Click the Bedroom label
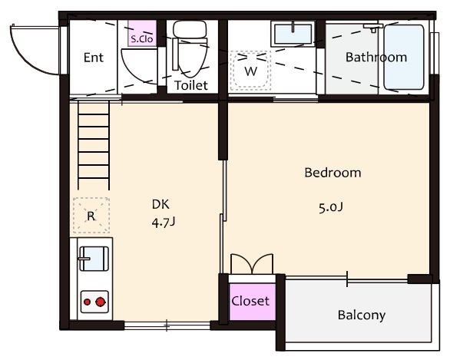(x=333, y=173)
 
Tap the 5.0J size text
(x=331, y=207)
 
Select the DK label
(x=160, y=204)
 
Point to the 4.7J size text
(x=164, y=223)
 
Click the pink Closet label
(x=250, y=301)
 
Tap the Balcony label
(x=362, y=315)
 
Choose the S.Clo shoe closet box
(x=142, y=33)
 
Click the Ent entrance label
(x=93, y=58)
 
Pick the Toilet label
(x=191, y=85)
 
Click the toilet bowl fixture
(x=190, y=49)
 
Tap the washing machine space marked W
(x=250, y=71)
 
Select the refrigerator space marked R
(x=91, y=216)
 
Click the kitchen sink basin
(x=94, y=259)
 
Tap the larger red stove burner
(x=101, y=302)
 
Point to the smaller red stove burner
(x=88, y=302)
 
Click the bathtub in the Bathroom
(x=404, y=58)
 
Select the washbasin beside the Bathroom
(x=293, y=34)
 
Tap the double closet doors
(x=252, y=264)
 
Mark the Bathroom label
(x=376, y=58)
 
